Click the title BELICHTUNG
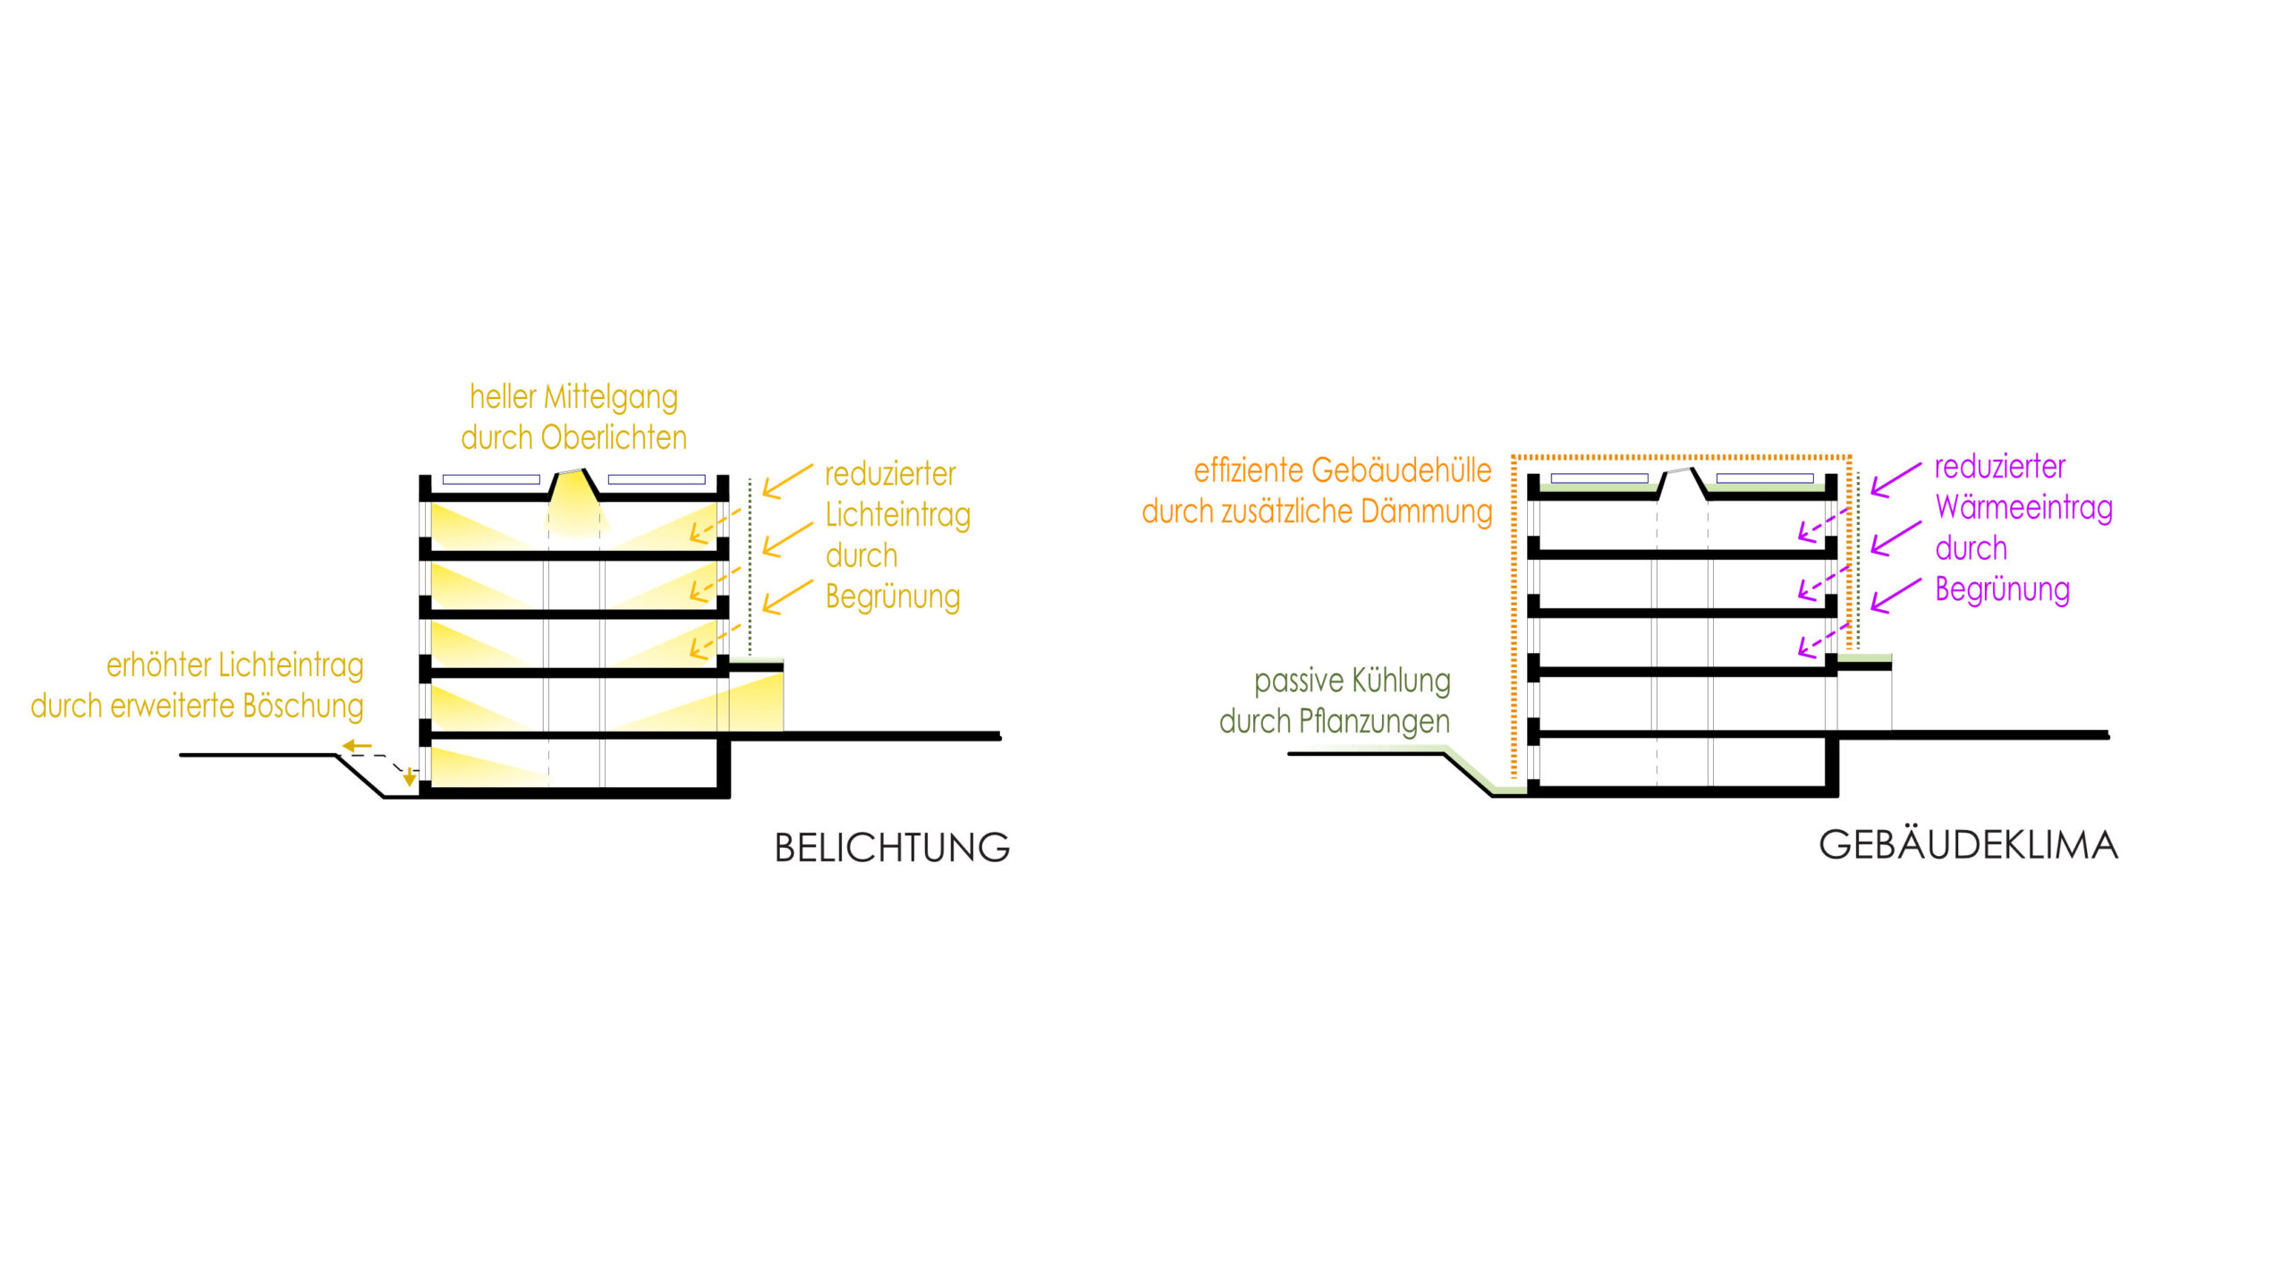892,848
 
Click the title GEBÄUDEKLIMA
1968,845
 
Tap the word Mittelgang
611,398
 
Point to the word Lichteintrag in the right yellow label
897,516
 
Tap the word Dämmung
1426,512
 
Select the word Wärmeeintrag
2023,508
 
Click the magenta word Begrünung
2002,590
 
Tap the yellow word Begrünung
893,597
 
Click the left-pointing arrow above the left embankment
356,746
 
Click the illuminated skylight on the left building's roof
575,501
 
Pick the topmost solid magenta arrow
1895,479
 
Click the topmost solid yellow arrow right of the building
786,481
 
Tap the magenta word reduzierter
1999,467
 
